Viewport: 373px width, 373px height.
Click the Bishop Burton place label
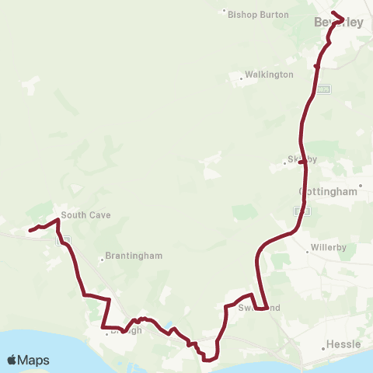point(258,14)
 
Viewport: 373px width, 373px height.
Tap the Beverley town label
point(339,23)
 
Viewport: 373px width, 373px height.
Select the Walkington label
point(269,75)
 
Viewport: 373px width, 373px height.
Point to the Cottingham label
point(329,191)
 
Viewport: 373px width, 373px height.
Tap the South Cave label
point(86,215)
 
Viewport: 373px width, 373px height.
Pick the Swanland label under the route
point(259,308)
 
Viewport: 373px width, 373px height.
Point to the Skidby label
point(302,159)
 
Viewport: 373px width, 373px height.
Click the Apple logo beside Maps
point(12,360)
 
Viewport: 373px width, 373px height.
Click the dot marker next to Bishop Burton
point(225,12)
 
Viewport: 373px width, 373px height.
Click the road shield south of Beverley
point(323,89)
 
